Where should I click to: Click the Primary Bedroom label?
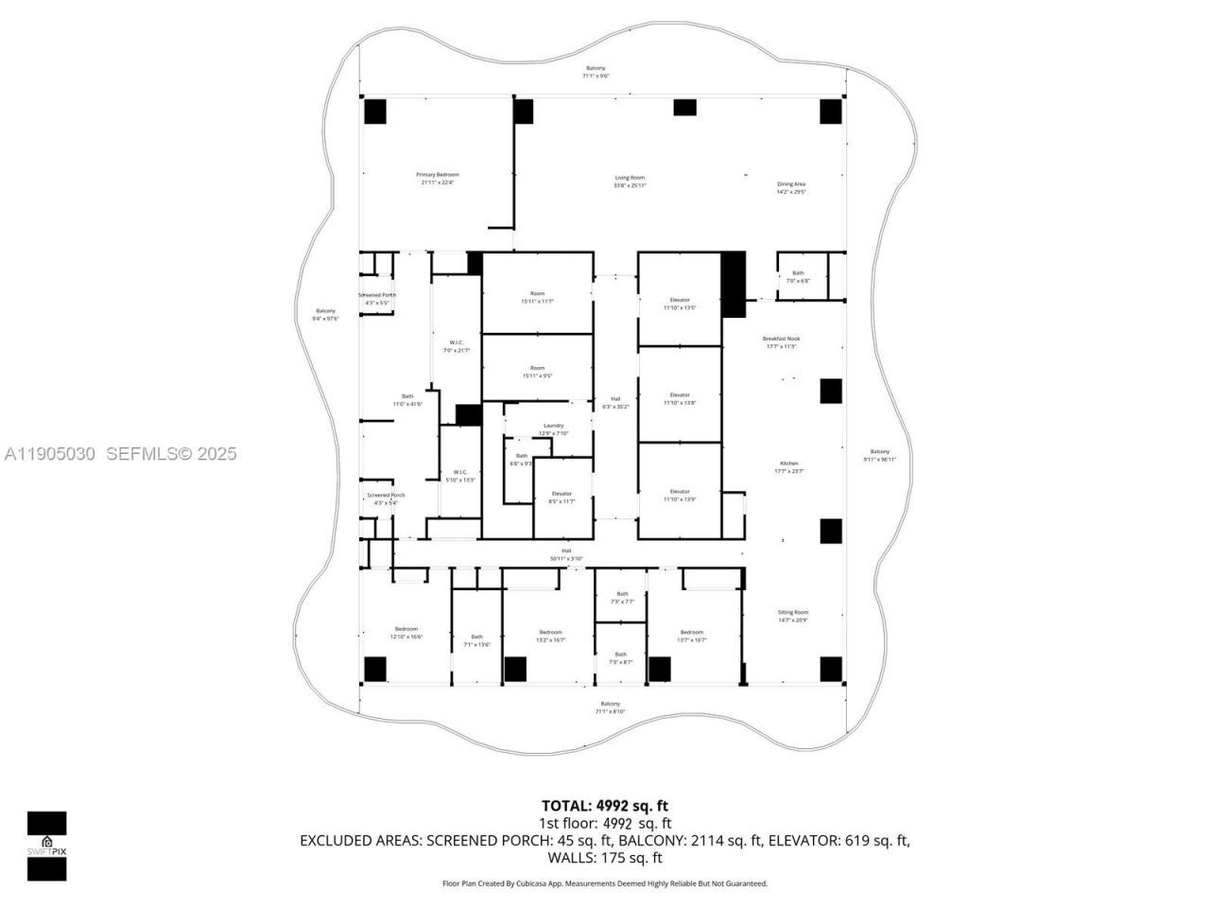pos(438,178)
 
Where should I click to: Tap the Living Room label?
pos(630,181)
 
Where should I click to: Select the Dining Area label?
pos(791,187)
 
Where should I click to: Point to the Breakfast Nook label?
pos(781,341)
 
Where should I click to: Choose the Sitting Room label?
pos(793,616)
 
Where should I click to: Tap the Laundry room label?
pos(553,429)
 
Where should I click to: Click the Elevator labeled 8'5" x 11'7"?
pos(562,498)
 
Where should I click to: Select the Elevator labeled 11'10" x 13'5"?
pos(680,304)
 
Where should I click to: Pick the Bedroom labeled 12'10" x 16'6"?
pos(406,633)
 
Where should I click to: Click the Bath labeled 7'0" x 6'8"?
pos(798,276)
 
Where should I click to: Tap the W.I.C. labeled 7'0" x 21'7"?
pos(457,345)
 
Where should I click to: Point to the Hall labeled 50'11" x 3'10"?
pos(566,554)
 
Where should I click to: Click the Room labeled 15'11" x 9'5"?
pos(537,372)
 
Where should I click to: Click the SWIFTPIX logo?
pos(46,846)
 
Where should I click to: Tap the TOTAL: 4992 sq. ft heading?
pos(605,806)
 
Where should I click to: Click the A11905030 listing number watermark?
pos(49,454)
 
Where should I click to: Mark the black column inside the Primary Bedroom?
pos(375,111)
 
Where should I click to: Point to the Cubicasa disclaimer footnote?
pos(605,883)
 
